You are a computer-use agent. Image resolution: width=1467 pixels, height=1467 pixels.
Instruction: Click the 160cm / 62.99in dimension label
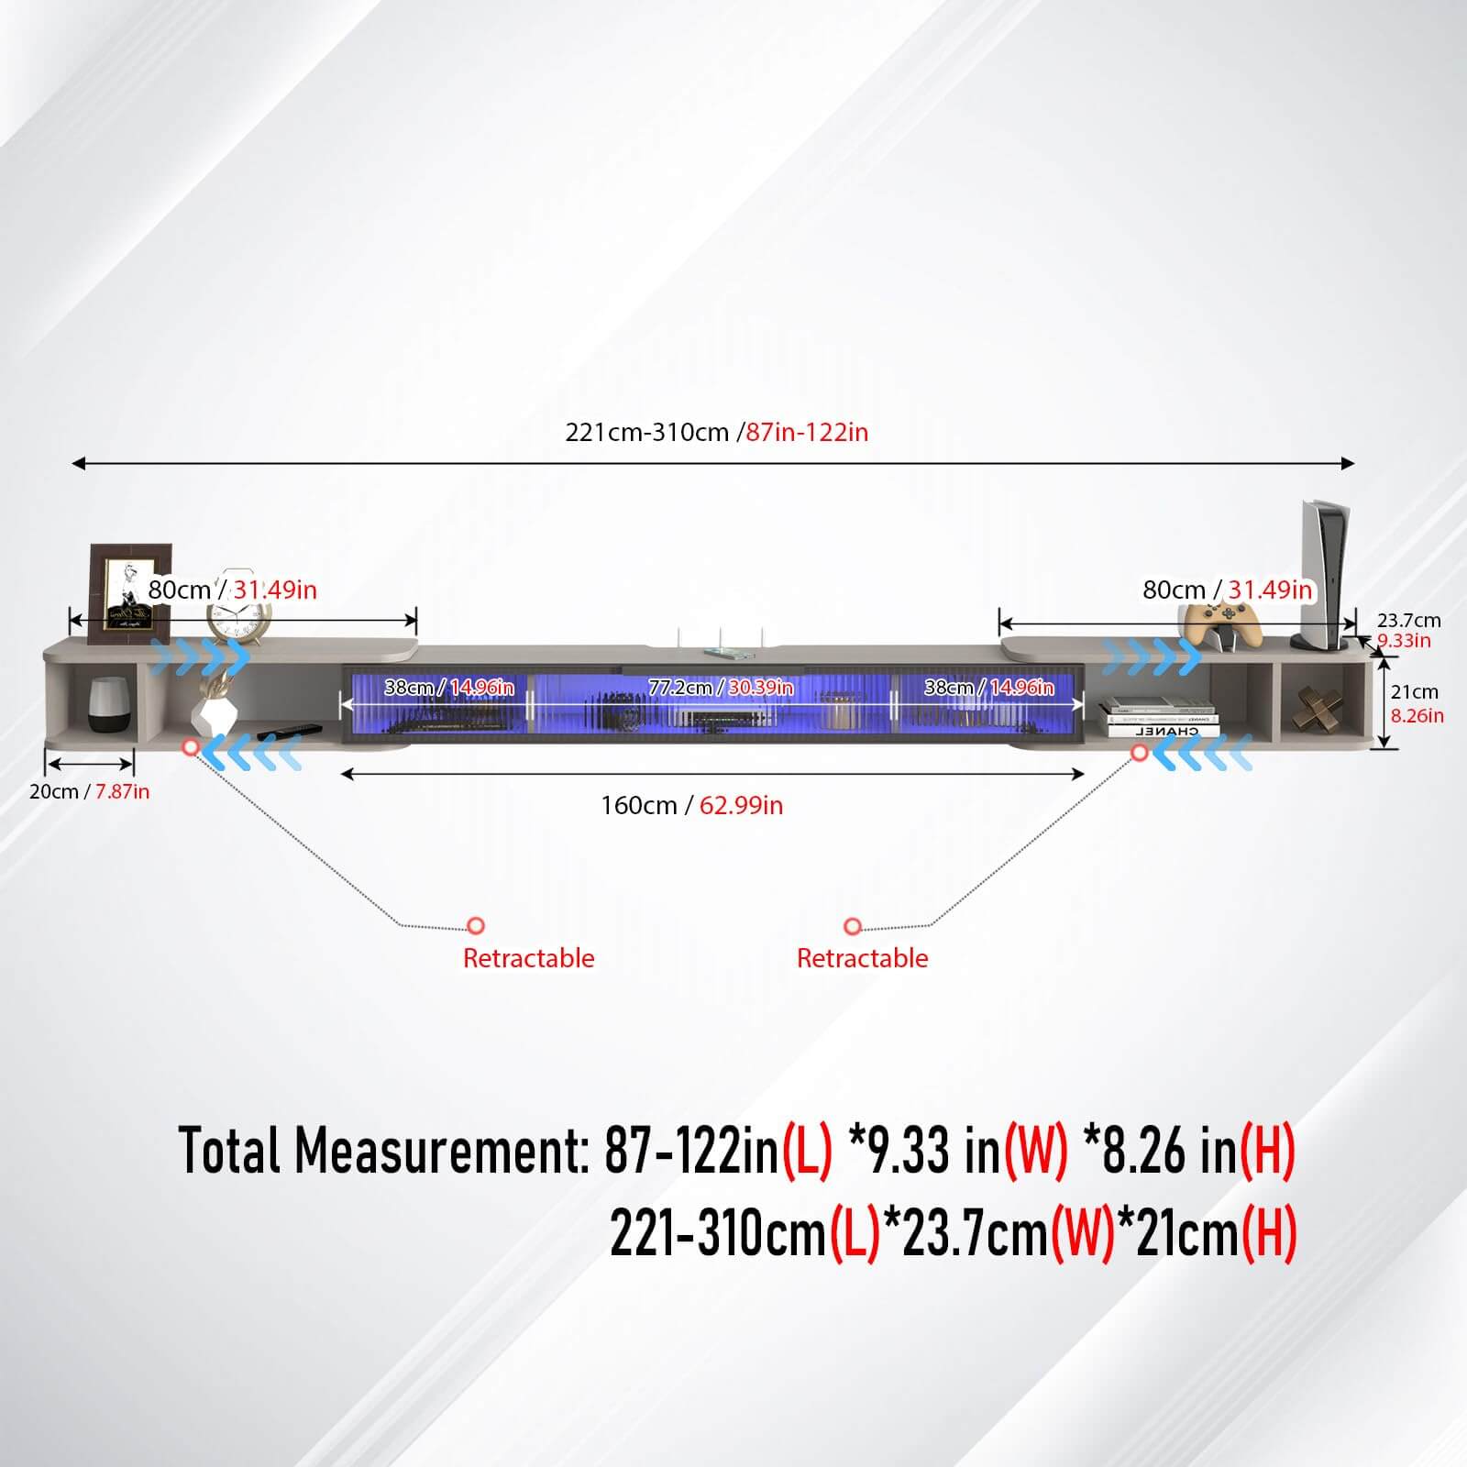tap(691, 805)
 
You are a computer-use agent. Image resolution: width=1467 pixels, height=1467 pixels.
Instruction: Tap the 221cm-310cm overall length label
tap(716, 432)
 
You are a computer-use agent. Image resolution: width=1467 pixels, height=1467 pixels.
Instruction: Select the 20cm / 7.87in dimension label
tap(89, 791)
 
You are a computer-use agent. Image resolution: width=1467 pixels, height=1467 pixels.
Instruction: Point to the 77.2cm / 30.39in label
tap(721, 688)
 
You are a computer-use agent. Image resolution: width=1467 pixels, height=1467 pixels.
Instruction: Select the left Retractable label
tap(529, 958)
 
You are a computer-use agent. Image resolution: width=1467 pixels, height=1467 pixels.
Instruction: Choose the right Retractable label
tap(863, 958)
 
